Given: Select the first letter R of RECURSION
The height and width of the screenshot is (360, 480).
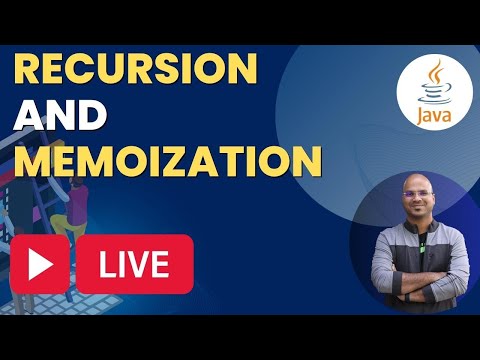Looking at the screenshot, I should click(x=31, y=69).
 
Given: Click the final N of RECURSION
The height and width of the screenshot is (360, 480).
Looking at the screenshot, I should click(x=239, y=69).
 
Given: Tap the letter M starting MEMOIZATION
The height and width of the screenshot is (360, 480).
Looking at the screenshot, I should click(x=33, y=161).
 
